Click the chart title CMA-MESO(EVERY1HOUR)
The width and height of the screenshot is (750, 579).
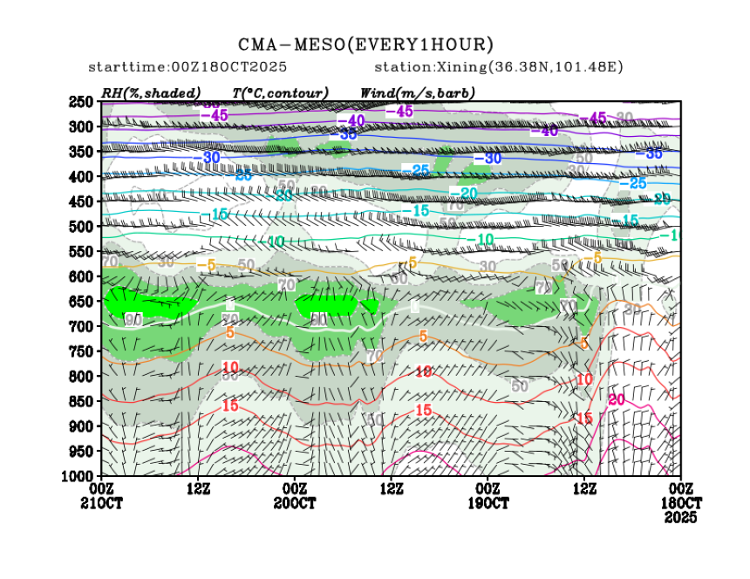[366, 44]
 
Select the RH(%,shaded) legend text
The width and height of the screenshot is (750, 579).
[151, 92]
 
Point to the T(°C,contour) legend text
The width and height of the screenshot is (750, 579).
[280, 92]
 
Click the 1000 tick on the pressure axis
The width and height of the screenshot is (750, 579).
[78, 475]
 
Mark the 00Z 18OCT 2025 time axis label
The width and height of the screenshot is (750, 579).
[680, 503]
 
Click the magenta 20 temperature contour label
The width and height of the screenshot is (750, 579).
[617, 399]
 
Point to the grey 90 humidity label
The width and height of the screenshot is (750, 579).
[133, 319]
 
